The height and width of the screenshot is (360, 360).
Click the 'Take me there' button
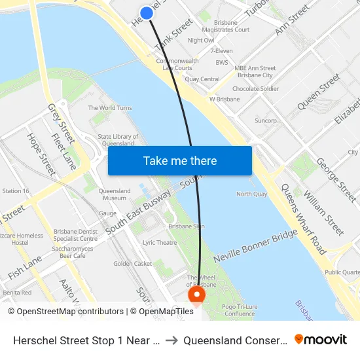180,160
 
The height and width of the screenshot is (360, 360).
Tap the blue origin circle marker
147,12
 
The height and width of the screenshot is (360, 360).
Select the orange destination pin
196,297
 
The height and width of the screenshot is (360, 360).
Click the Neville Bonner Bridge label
256,246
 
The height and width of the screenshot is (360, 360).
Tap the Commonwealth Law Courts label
177,64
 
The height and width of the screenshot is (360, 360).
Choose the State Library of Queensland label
118,140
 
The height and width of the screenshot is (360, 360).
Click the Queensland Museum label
114,194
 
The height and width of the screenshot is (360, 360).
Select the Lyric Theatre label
160,242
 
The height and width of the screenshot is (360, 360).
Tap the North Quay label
251,194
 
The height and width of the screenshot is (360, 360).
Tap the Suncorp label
266,120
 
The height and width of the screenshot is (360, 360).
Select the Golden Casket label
133,264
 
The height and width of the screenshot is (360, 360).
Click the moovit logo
321,339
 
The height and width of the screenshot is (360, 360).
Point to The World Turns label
110,108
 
